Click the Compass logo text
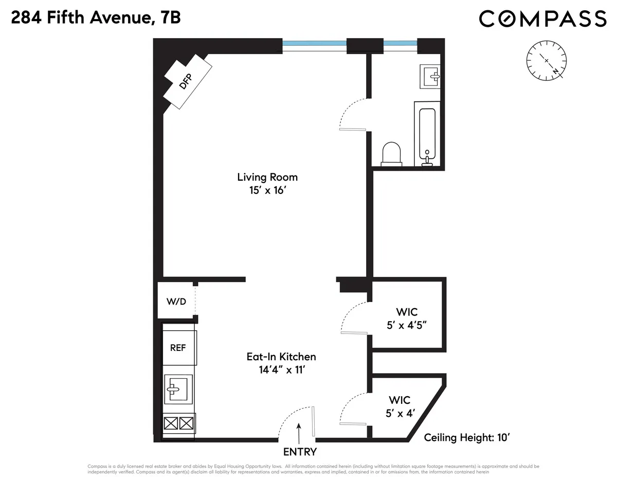tap(542, 19)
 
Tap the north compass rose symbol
tap(547, 60)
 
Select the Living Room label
tap(267, 177)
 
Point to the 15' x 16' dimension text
tap(267, 190)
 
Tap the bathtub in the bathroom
tap(427, 133)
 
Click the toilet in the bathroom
tap(392, 153)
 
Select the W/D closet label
tap(176, 302)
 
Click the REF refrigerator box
tap(178, 347)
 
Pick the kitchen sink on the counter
tap(178, 387)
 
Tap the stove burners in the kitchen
tap(178, 424)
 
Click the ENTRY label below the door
tap(300, 452)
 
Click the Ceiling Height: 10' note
tap(466, 438)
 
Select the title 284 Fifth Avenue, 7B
tap(96, 19)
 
